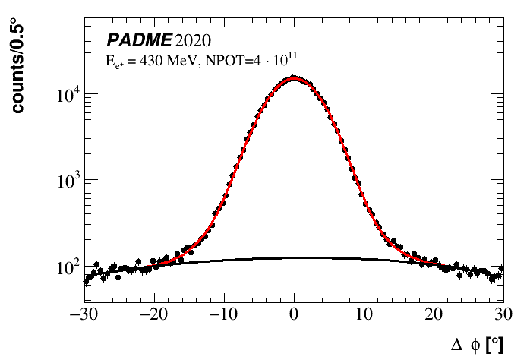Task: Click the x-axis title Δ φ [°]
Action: click(x=477, y=345)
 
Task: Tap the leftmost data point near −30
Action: click(x=85, y=280)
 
